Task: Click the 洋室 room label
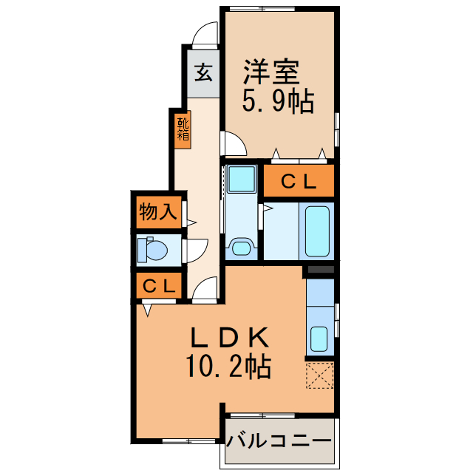click(271, 72)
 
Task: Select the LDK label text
click(228, 338)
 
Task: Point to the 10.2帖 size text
click(228, 364)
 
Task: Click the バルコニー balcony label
click(279, 441)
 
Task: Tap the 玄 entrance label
click(203, 73)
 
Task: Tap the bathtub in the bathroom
click(316, 229)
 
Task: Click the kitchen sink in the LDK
click(319, 338)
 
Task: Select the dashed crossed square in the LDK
click(319, 375)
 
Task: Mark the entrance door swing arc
click(204, 33)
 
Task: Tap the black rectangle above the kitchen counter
click(319, 270)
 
